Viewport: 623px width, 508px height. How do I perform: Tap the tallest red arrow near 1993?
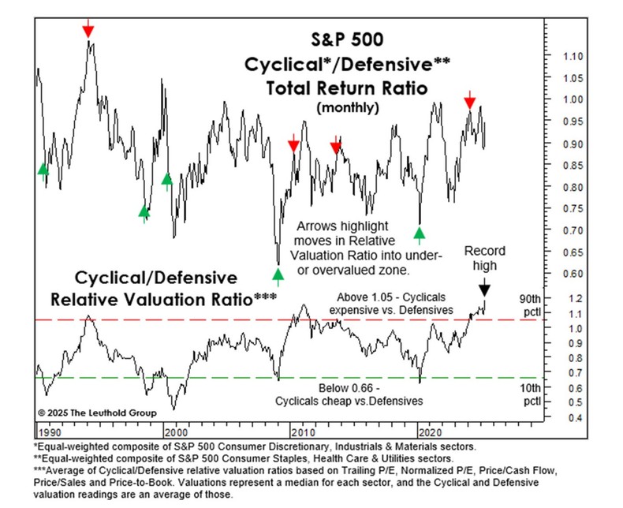88,31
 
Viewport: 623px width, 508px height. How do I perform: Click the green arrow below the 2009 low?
278,275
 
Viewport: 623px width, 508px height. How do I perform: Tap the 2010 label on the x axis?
300,432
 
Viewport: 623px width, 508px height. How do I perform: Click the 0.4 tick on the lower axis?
562,417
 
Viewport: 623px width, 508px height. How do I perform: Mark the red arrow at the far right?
470,101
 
